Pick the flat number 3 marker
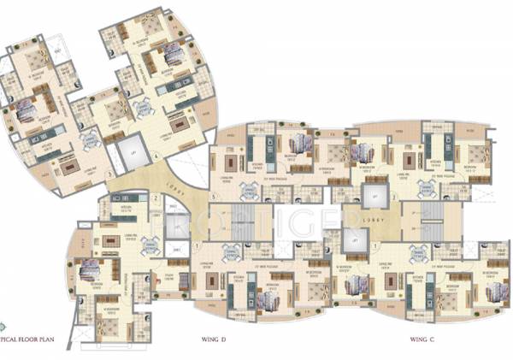(109, 174)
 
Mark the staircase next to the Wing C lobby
(431, 221)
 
